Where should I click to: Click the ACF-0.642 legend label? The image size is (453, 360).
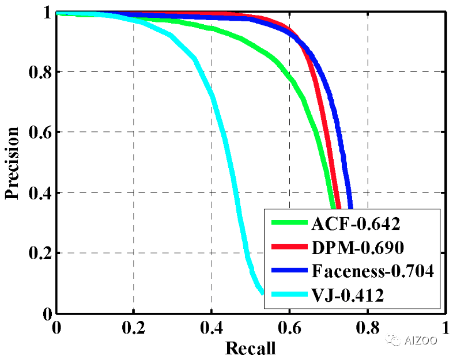pyautogui.click(x=356, y=223)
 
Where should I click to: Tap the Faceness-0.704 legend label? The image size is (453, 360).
pyautogui.click(x=372, y=271)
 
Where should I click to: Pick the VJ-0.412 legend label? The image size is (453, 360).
pyautogui.click(x=349, y=295)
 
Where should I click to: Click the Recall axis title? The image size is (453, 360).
pyautogui.click(x=250, y=348)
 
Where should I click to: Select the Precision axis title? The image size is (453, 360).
pyautogui.click(x=13, y=163)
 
